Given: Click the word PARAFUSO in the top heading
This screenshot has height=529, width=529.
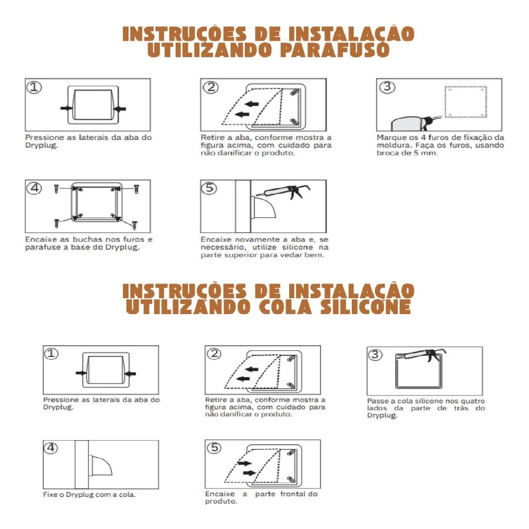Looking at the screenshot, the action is tap(335, 50).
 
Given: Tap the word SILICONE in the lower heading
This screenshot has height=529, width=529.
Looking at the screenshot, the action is tap(366, 306).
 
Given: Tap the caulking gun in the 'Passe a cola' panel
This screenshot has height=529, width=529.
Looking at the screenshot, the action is tap(421, 355).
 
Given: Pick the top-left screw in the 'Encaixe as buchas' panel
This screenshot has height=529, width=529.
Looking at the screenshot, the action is tap(56, 189).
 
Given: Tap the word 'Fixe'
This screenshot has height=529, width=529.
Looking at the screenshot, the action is tap(49, 494).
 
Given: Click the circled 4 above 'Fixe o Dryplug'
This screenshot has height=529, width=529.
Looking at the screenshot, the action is tap(51, 448).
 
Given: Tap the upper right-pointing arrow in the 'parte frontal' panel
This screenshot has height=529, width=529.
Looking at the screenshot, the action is tap(244, 463).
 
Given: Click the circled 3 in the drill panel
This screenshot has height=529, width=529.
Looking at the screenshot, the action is tap(387, 87).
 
